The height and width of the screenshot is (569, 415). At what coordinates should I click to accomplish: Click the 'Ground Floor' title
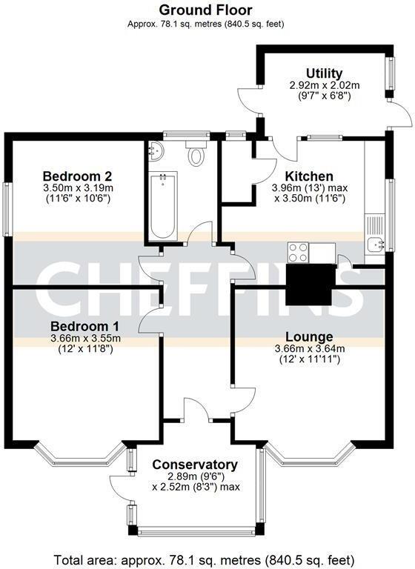pos(206,10)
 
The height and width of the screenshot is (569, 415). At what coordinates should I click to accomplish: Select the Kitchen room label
pos(309,176)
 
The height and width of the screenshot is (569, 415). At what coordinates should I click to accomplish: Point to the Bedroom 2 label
pos(77,176)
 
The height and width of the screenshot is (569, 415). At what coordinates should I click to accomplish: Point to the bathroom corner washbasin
pos(156,150)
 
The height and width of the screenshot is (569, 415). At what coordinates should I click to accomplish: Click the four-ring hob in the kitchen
pos(299,252)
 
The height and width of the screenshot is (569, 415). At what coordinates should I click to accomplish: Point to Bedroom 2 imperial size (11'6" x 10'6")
pos(77,199)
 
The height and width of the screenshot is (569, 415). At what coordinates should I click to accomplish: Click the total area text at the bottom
pos(206,559)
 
